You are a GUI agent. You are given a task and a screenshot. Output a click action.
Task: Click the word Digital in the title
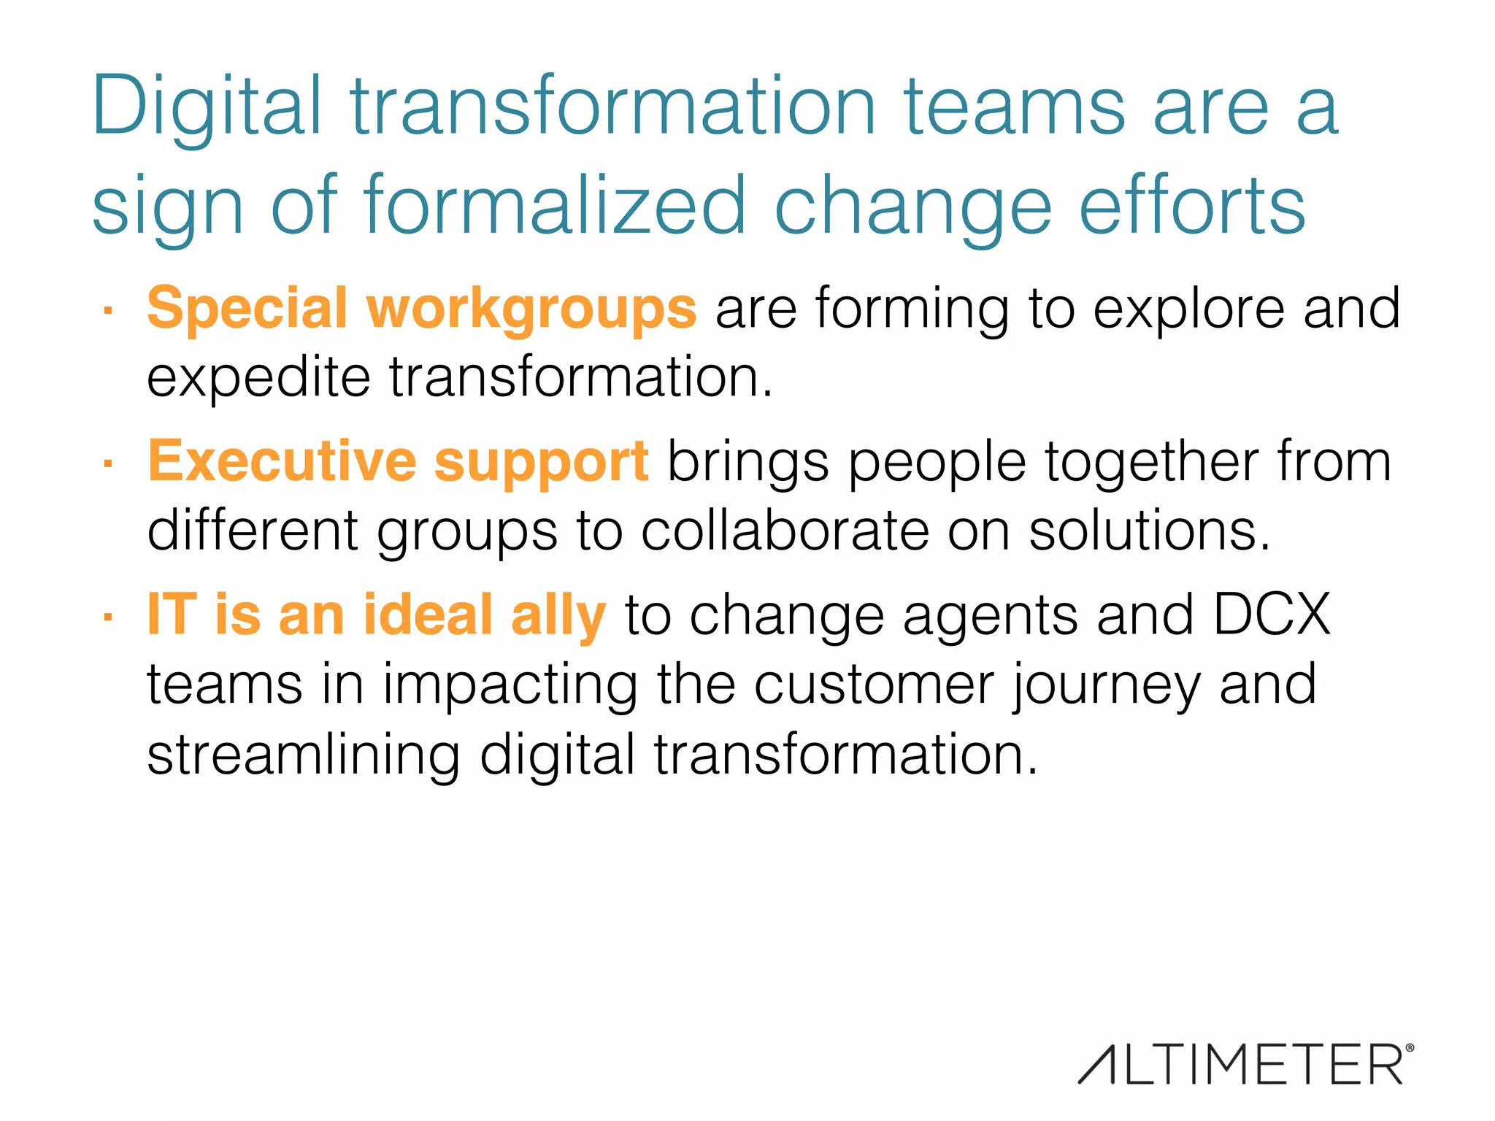pyautogui.click(x=206, y=108)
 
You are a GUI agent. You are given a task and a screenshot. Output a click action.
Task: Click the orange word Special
pyautogui.click(x=247, y=308)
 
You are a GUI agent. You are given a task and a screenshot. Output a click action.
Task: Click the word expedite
pyautogui.click(x=258, y=379)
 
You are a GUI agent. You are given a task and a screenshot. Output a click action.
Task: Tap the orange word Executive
pyautogui.click(x=282, y=461)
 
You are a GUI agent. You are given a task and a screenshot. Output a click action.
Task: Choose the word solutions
pyautogui.click(x=1149, y=531)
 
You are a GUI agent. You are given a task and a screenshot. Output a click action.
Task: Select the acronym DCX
pyautogui.click(x=1272, y=615)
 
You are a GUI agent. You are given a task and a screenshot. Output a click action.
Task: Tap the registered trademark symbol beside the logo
pyautogui.click(x=1409, y=1048)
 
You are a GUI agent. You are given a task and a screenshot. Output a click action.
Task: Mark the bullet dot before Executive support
pyautogui.click(x=107, y=463)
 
